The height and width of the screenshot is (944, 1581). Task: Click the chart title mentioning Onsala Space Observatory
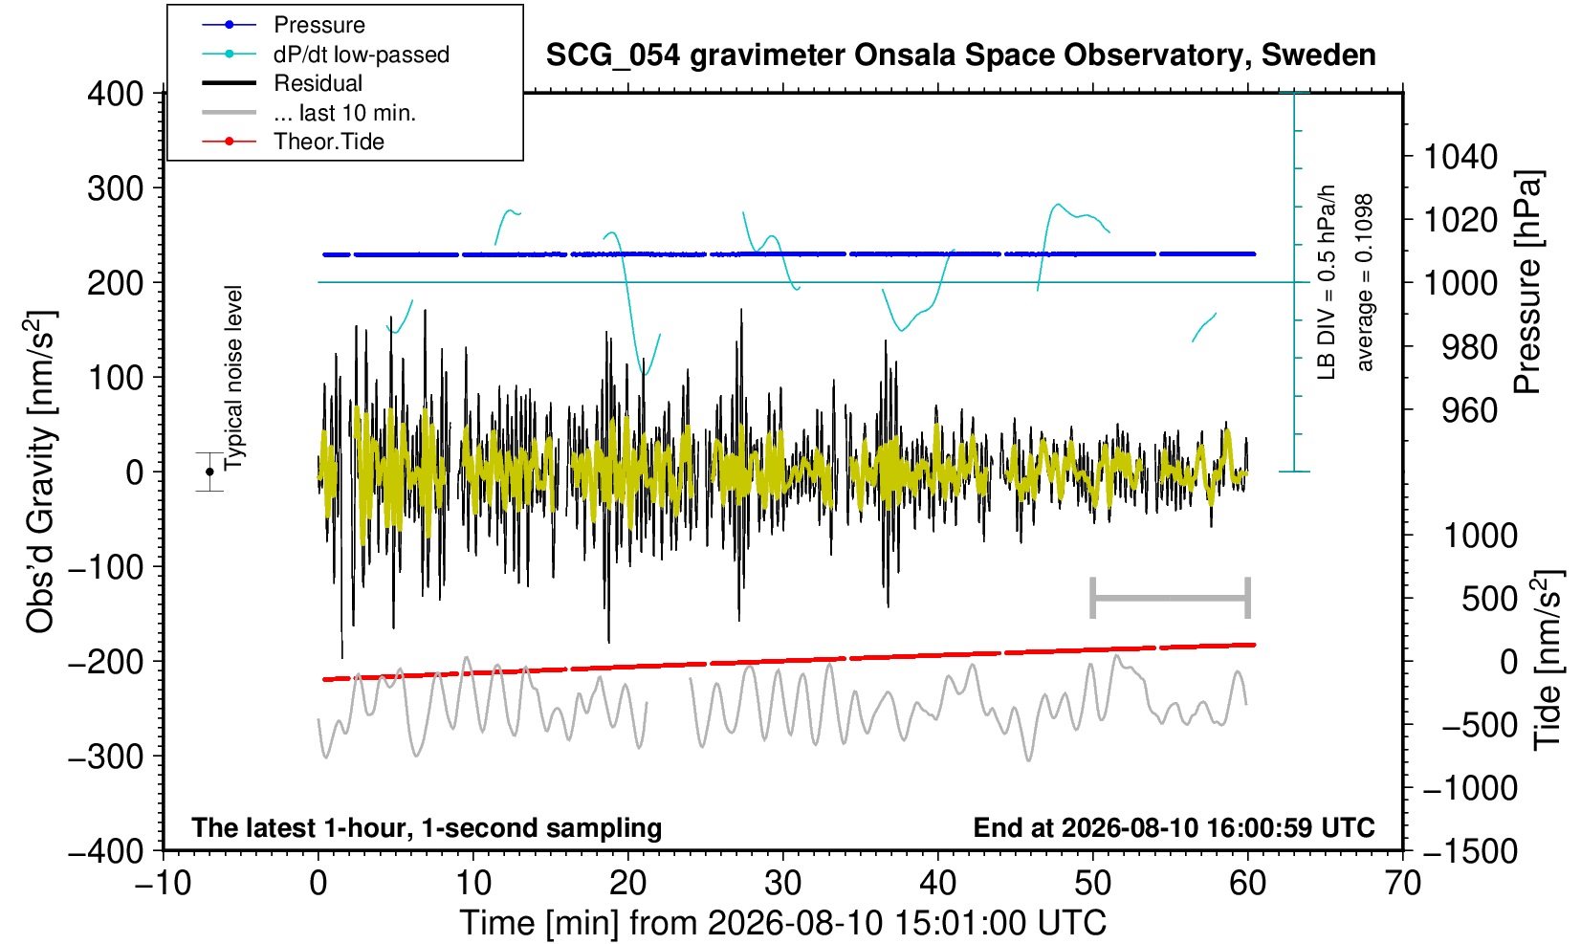tap(960, 55)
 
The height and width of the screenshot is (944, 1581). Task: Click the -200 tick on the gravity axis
tap(106, 662)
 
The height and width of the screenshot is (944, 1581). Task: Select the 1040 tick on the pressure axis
tap(1460, 156)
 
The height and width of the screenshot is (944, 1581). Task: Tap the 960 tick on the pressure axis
tap(1469, 410)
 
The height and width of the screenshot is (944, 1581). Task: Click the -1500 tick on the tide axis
tap(1470, 851)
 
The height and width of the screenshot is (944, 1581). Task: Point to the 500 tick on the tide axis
tap(1489, 599)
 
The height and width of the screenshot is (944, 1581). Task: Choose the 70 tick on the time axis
tap(1402, 884)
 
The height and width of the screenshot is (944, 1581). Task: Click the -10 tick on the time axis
tap(163, 884)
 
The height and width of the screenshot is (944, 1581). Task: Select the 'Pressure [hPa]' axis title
tap(1527, 282)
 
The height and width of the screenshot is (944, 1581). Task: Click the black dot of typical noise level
tap(209, 472)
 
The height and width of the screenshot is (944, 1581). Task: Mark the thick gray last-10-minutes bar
tap(1171, 598)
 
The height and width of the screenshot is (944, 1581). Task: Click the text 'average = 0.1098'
tap(1365, 282)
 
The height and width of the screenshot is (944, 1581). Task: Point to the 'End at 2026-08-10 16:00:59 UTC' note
tap(1174, 827)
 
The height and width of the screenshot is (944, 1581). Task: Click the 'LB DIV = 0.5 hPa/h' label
tap(1327, 282)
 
